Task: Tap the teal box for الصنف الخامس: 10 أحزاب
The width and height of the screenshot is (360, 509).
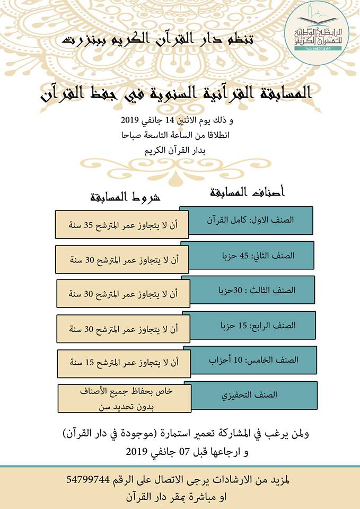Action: pos(250,359)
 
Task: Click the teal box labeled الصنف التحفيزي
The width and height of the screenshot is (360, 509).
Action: pos(250,395)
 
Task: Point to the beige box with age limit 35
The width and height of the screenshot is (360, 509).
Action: pos(122,224)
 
